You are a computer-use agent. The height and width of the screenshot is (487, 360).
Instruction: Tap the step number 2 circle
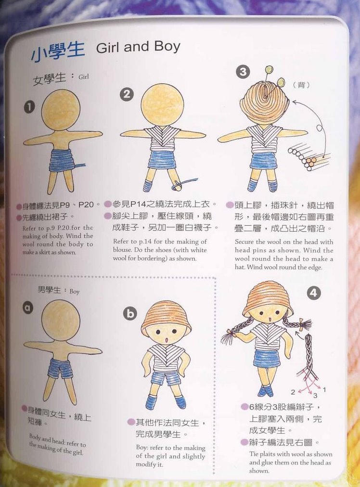click(127, 93)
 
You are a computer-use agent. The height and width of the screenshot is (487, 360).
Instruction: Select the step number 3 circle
click(243, 72)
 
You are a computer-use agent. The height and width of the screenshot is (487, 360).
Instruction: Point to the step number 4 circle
click(313, 293)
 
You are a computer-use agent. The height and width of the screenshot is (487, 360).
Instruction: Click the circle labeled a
click(28, 308)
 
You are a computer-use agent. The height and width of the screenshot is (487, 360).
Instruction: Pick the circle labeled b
click(130, 313)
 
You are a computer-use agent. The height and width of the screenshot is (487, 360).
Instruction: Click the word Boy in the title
click(167, 47)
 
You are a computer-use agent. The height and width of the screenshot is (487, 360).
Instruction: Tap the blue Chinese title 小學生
click(57, 51)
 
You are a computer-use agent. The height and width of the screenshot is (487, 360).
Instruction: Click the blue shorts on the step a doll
click(61, 368)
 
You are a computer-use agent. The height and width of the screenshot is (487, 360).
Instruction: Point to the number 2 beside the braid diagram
click(293, 392)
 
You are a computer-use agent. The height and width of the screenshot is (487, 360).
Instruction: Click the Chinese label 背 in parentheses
click(301, 85)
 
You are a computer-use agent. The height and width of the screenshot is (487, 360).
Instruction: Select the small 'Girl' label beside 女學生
click(84, 77)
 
